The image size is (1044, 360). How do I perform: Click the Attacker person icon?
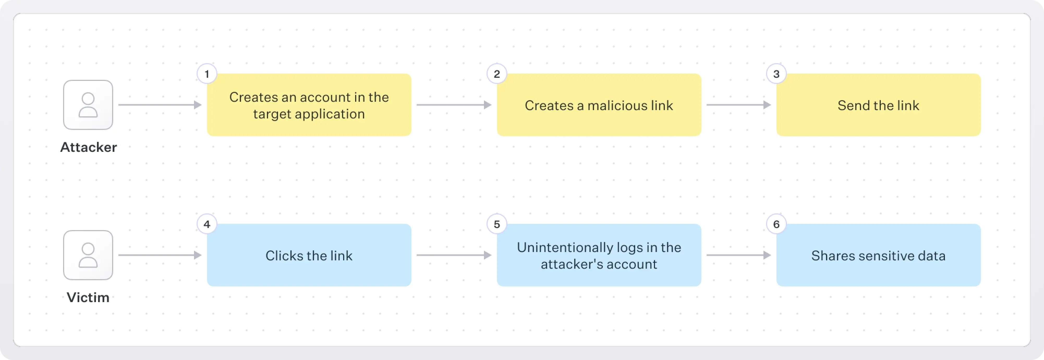click(88, 105)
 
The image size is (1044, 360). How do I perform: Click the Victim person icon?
click(88, 255)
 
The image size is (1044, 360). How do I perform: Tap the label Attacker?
click(88, 147)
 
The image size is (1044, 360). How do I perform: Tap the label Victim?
click(88, 298)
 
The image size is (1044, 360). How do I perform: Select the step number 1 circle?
click(207, 74)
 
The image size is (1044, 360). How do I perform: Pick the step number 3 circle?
click(776, 74)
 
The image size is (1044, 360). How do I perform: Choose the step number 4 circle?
click(207, 224)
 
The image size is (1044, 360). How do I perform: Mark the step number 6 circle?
click(776, 224)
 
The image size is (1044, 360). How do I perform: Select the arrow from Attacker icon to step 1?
click(160, 105)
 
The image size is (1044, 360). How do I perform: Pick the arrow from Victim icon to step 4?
click(160, 255)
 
